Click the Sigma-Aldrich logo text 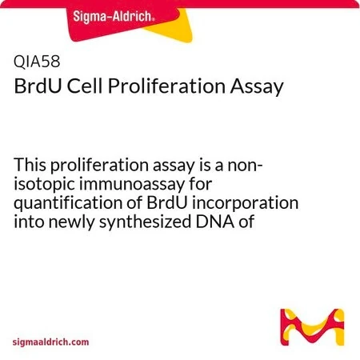tap(114, 16)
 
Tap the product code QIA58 tap(37, 62)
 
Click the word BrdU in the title tap(38, 86)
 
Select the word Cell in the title tap(84, 86)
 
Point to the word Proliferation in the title tap(166, 86)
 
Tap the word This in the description tap(30, 165)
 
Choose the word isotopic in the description tap(44, 185)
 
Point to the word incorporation tap(245, 204)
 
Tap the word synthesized tap(146, 222)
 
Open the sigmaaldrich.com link tap(50, 342)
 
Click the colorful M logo tap(312, 327)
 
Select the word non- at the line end tap(246, 166)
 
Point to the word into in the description tap(29, 222)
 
